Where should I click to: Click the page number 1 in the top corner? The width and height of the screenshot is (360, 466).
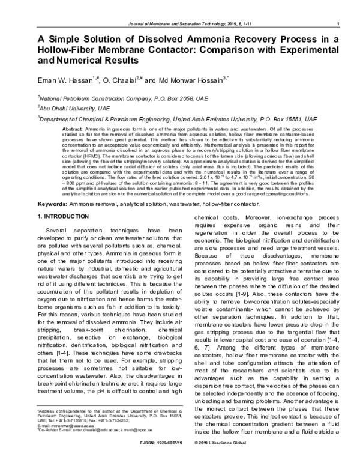(x=340, y=24)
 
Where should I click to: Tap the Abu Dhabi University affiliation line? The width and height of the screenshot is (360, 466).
(x=66, y=108)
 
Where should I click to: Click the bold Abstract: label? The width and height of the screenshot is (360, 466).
(x=73, y=130)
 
